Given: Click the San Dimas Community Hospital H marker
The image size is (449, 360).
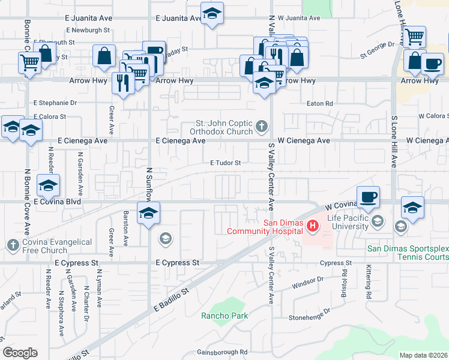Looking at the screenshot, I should (312, 226).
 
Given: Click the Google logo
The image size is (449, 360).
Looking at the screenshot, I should (20, 353).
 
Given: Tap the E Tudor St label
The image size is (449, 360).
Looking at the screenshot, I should (225, 163).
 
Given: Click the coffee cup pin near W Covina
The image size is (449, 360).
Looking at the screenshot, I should (368, 197).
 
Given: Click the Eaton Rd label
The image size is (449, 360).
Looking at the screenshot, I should (320, 104).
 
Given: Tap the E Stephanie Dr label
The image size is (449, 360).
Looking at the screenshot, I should (56, 103).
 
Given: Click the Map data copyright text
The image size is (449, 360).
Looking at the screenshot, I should (423, 355).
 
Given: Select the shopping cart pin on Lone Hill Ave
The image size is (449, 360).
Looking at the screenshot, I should (414, 37).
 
